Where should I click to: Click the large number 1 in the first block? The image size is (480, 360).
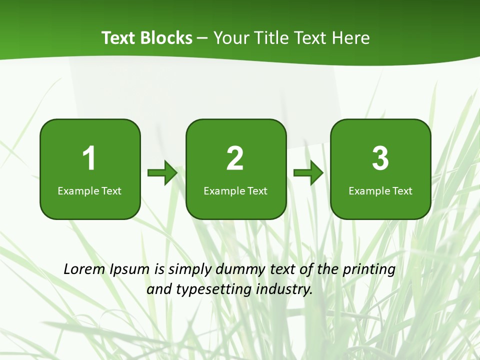click(x=89, y=158)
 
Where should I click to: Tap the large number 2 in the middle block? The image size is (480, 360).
click(x=235, y=158)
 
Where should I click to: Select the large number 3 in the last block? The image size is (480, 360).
click(x=380, y=158)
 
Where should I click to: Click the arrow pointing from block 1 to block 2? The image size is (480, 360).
click(x=162, y=173)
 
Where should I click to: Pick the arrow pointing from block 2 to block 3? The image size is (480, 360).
click(x=308, y=173)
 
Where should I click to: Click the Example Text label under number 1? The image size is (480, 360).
click(x=89, y=190)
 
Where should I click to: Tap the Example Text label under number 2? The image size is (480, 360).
click(x=235, y=190)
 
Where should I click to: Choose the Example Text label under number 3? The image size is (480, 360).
click(x=380, y=190)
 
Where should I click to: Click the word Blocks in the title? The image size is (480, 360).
click(x=166, y=38)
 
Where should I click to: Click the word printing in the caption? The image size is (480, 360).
click(x=369, y=270)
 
